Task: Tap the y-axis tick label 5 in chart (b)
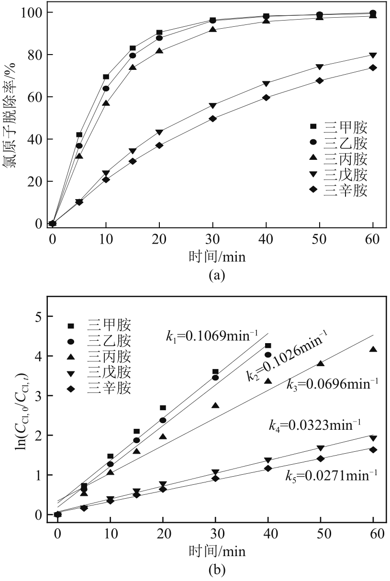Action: coord(38,317)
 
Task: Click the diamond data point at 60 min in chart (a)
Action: coord(373,68)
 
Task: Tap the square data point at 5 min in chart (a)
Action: coord(79,135)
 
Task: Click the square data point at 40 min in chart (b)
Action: coord(268,346)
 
